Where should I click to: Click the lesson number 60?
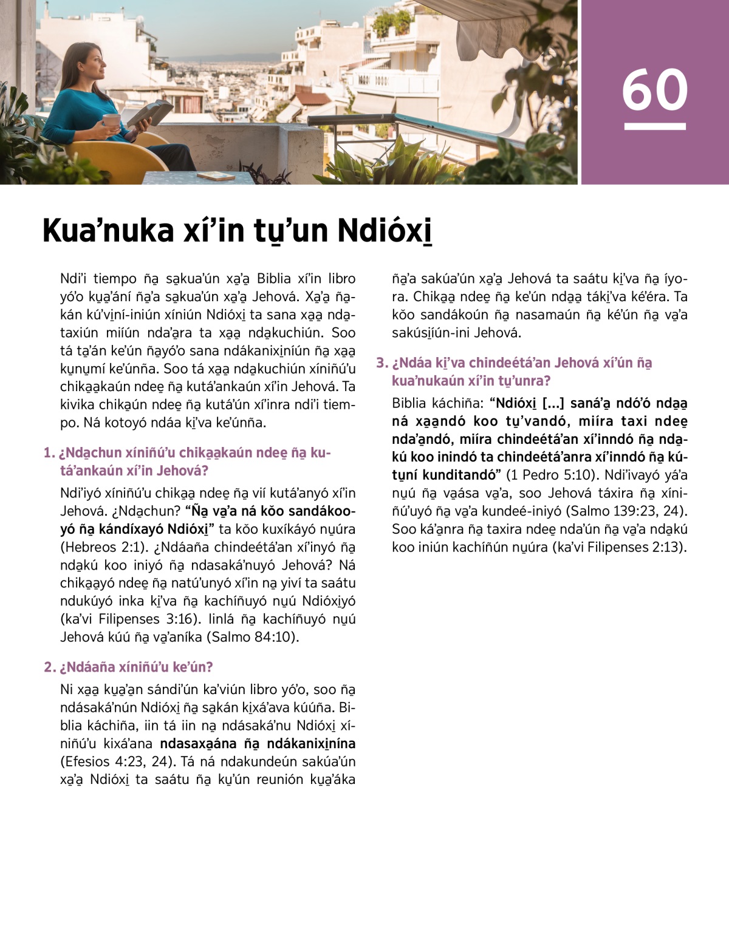pos(655,90)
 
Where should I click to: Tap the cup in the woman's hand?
pos(112,120)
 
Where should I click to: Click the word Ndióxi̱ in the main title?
pos(384,231)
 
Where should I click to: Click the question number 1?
pos(49,453)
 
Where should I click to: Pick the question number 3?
pos(382,363)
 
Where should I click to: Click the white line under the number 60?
pos(655,126)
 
